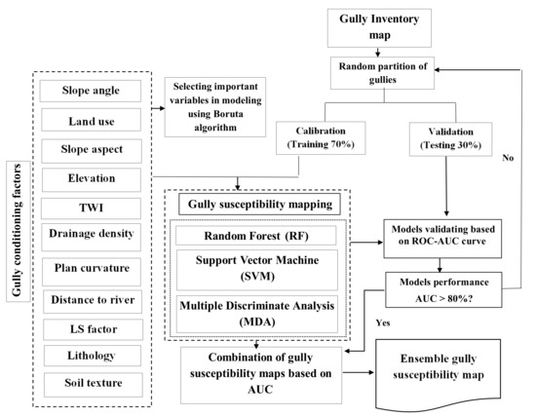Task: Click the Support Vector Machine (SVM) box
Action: tap(255, 272)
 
